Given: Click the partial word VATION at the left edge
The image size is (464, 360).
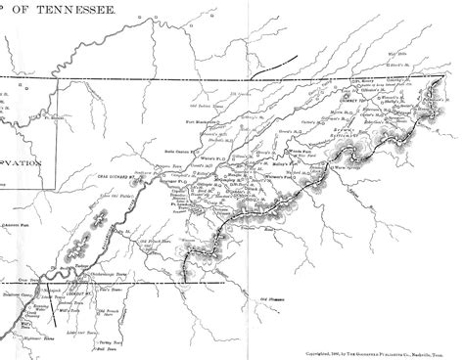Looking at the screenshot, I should (20, 166).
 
